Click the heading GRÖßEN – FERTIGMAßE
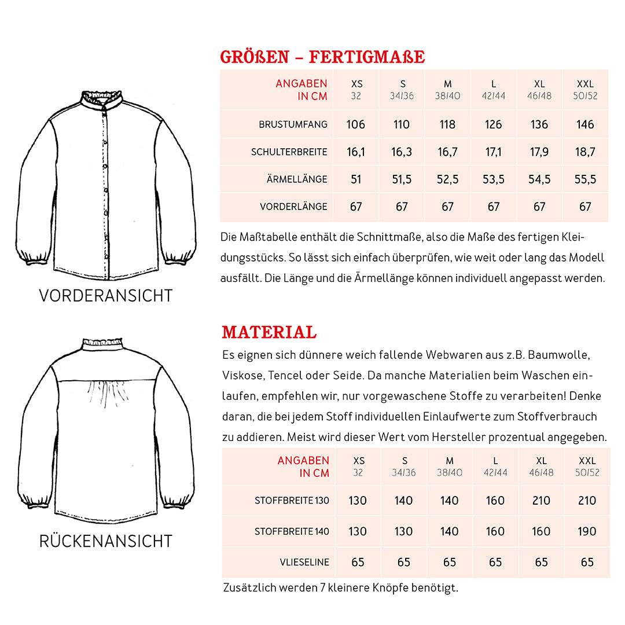[x=322, y=57]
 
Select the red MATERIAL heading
[x=269, y=332]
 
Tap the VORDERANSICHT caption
[x=106, y=296]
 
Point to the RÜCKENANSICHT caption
[x=106, y=541]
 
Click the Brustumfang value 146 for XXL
[x=585, y=124]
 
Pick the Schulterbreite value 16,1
[x=356, y=152]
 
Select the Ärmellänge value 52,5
[x=447, y=179]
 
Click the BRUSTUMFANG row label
[x=293, y=124]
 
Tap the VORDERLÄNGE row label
[x=293, y=207]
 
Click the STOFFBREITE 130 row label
[x=292, y=501]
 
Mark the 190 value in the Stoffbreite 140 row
[x=587, y=531]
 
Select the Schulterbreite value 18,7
[x=585, y=152]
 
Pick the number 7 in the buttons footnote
[x=322, y=588]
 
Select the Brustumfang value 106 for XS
[x=356, y=124]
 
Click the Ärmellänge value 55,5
[x=585, y=179]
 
